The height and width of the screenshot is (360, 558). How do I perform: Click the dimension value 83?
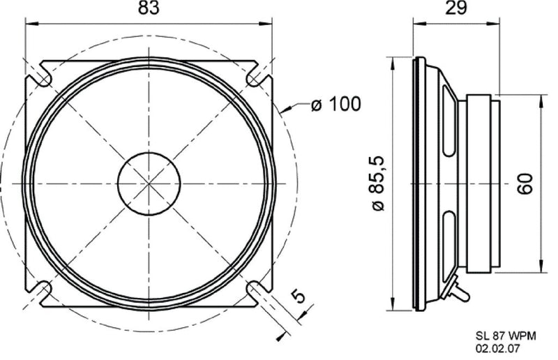coord(149,9)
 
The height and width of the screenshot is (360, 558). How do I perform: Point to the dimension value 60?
coord(527,183)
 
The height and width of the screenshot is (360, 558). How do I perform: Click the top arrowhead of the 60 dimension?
coord(541,97)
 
